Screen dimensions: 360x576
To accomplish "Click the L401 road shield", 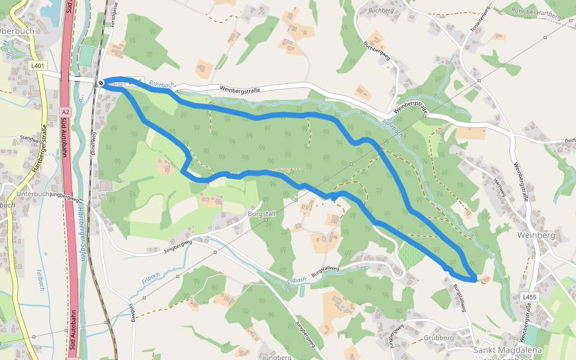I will (x=38, y=65).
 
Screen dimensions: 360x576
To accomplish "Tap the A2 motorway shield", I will (x=65, y=112).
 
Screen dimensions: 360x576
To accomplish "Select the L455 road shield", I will (x=529, y=297).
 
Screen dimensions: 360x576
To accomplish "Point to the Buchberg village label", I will (x=380, y=10).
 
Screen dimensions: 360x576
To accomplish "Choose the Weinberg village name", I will (x=538, y=235).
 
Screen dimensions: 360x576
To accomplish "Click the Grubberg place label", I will (x=439, y=338).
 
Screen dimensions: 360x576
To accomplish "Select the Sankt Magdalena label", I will (x=508, y=350).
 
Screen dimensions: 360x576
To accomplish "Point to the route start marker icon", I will (x=101, y=83).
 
